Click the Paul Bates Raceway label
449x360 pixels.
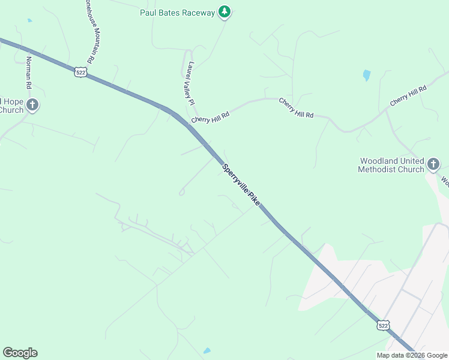177,13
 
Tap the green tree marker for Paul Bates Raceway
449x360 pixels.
224,11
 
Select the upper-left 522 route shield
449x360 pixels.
82,72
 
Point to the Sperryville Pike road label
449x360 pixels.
241,185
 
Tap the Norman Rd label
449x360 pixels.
29,70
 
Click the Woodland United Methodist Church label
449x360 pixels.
391,165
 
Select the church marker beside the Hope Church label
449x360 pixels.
32,106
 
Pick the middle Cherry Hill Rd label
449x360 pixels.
296,107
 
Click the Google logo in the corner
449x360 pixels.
20,353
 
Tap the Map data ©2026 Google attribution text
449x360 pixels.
411,355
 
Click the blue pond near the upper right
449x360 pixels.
366,76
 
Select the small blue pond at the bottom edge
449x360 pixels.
207,350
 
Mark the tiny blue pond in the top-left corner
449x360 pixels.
29,20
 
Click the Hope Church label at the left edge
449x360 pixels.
11,105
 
